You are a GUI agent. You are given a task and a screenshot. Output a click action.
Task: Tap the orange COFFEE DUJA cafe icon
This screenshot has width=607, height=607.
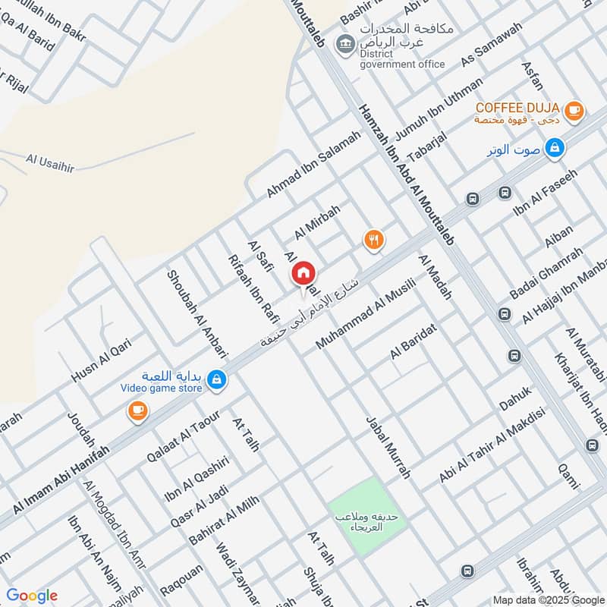click(574, 111)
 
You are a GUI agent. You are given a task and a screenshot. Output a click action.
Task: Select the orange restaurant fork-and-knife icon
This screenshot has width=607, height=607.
click(373, 241)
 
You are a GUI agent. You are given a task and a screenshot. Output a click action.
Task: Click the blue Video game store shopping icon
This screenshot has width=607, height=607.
click(217, 379)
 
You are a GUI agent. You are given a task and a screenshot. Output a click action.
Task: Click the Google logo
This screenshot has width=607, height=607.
click(31, 596)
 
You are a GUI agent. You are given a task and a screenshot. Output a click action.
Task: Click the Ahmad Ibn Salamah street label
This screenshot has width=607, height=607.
click(313, 165)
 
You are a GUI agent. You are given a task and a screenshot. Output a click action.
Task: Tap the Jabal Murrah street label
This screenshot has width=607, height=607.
click(388, 448)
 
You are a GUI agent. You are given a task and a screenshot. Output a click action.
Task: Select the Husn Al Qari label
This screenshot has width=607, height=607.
click(101, 361)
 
